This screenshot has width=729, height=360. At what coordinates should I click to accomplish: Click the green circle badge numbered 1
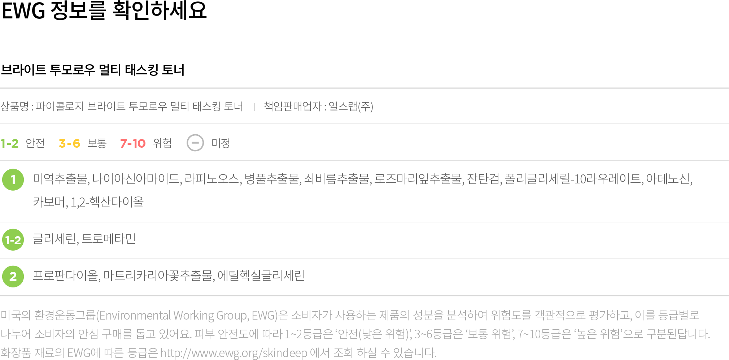point(13,179)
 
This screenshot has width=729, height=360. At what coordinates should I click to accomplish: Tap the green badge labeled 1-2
point(13,240)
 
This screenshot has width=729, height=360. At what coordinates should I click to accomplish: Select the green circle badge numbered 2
point(13,277)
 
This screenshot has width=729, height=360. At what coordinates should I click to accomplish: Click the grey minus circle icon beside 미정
point(195,143)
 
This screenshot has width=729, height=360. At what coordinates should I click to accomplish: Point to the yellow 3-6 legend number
point(69,143)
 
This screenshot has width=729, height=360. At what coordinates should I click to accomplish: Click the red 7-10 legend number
point(133,143)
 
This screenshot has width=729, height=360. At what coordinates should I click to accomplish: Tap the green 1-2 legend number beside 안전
point(9,143)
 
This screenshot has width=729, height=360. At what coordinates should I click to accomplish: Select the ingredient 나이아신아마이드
point(136,179)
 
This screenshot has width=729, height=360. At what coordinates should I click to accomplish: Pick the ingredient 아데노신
point(668,179)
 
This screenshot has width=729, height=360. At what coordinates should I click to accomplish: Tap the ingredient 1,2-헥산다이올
point(107,202)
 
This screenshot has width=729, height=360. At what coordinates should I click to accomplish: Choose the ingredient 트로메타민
point(109,239)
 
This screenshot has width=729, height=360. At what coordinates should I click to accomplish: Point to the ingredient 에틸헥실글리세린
point(261,276)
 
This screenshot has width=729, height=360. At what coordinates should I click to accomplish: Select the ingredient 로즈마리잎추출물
point(418,179)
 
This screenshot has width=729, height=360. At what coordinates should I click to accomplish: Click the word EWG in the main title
point(23,10)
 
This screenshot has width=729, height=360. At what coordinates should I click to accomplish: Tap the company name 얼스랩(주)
point(351,107)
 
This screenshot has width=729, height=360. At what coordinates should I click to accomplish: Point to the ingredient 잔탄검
point(483,179)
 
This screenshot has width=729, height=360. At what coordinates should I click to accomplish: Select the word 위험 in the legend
point(162,143)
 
